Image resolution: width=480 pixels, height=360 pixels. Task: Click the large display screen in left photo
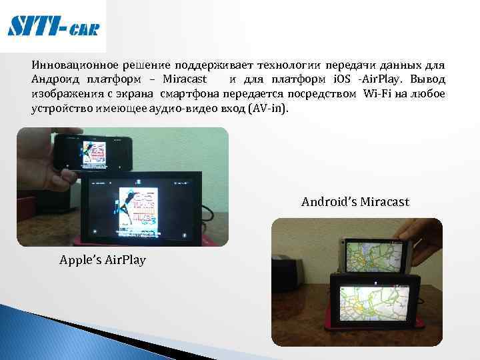pos(144,205)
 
